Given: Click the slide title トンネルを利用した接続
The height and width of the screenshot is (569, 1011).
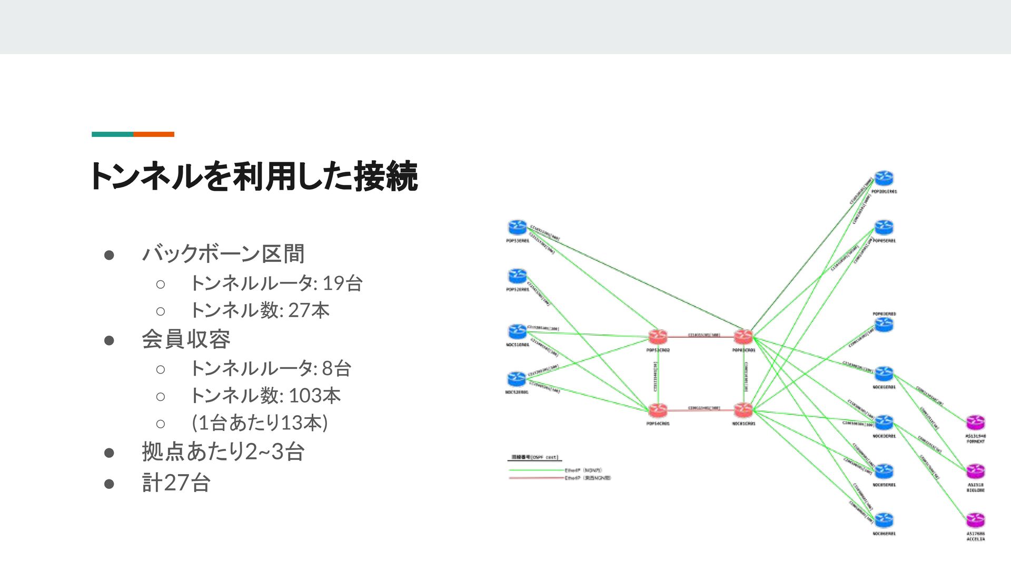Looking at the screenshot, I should [254, 176].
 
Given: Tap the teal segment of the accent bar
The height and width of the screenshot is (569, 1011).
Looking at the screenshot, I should [112, 134].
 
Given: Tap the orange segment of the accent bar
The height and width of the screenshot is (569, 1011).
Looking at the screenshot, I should [154, 134].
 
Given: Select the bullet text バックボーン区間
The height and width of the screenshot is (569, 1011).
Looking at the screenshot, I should [223, 254].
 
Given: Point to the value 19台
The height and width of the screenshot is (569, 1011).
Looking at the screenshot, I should [342, 283].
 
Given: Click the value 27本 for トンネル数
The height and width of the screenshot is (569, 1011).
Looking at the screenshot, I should [309, 310].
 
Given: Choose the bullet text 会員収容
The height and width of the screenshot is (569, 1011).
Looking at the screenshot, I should [186, 339].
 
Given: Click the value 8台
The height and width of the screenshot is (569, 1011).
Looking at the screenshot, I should [336, 368].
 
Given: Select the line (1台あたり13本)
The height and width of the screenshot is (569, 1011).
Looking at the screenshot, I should [260, 423].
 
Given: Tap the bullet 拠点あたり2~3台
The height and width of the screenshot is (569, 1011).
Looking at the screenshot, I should [223, 452].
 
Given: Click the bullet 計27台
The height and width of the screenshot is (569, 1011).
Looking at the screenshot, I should [176, 483].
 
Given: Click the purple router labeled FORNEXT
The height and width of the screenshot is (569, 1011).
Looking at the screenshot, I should [975, 423].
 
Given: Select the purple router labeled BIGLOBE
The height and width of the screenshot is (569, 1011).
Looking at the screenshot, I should [975, 471].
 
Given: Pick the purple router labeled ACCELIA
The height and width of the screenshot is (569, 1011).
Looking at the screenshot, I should [975, 520].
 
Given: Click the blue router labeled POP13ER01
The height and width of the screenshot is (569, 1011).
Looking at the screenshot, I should [518, 228].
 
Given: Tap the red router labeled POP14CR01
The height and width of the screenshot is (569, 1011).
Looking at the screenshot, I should [658, 410].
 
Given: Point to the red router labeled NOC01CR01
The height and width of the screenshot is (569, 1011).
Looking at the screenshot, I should [743, 410].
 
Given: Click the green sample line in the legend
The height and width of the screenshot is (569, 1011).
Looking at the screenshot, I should [535, 470].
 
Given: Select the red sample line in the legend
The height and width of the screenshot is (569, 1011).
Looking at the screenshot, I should [535, 478].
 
